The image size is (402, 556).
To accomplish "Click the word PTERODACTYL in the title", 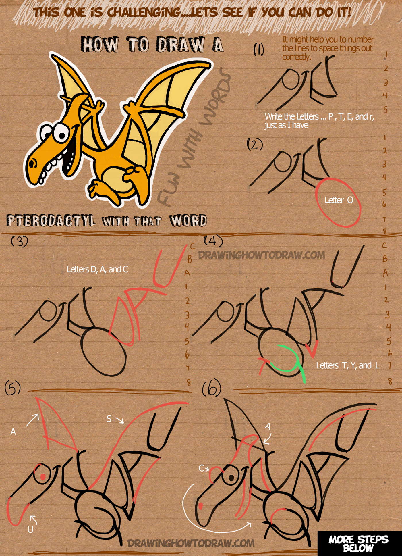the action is tap(51, 221).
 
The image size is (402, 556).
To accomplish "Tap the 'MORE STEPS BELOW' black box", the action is tap(360, 543).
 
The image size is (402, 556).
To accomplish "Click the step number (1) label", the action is tap(258, 49).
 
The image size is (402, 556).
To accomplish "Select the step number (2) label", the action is tap(255, 144).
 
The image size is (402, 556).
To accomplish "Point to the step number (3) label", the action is tap(19, 241).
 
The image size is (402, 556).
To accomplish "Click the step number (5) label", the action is tap(13, 388).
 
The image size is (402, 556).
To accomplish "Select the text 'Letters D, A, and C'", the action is tap(97, 269).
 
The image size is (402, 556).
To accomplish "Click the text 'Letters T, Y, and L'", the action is tap(348, 365).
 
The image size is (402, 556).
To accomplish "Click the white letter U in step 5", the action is tap(30, 530).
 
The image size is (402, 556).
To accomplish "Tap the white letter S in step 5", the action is tap(109, 419).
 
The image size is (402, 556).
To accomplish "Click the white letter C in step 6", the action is tap(201, 468).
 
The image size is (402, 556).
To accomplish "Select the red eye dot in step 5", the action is tap(43, 477).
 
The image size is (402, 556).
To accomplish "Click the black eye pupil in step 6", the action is tap(231, 478).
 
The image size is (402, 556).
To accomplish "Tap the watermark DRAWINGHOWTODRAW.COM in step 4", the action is tap(261, 255).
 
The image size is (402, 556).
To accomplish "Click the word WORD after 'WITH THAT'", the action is tap(188, 221).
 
